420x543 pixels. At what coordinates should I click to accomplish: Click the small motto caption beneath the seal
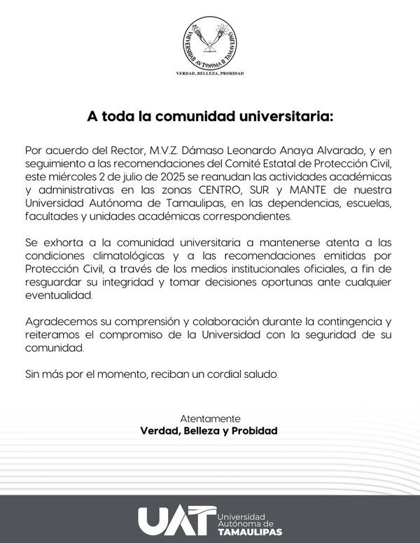[210, 73]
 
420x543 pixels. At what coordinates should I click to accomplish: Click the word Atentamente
[210, 417]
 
